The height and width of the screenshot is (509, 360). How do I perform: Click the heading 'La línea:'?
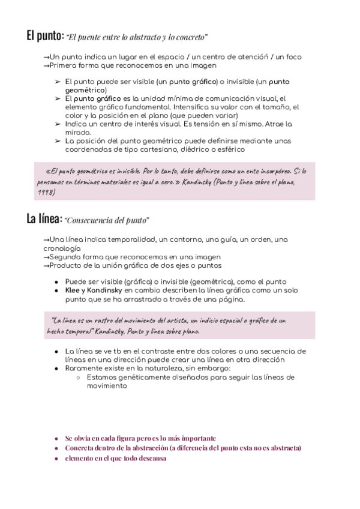44,220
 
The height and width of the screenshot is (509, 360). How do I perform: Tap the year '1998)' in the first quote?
45,192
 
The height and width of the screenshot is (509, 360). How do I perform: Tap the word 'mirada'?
77,132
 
